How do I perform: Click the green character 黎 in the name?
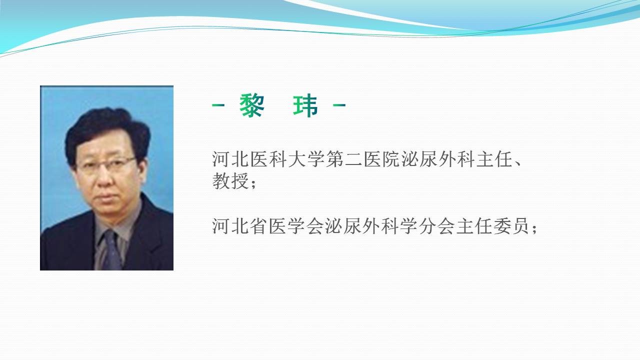251,105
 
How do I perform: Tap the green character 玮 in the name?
305,105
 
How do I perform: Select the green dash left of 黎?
218,105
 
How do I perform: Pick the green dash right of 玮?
339,105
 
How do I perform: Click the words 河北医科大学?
268,159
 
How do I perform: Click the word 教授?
230,181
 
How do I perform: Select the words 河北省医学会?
268,226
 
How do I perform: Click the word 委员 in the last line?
511,226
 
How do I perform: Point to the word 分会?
436,226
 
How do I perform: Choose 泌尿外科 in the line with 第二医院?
437,159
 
